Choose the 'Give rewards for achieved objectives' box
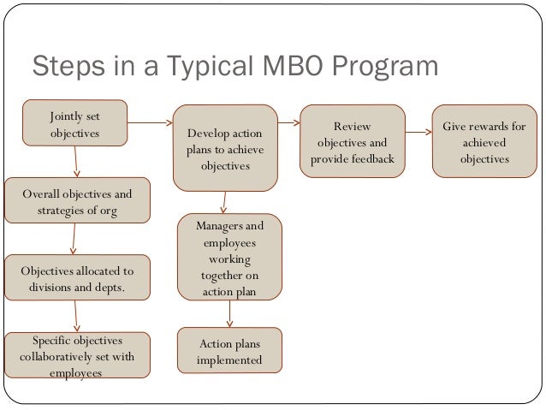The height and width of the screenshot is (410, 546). [x=484, y=137]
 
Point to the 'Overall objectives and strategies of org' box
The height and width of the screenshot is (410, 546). [x=77, y=200]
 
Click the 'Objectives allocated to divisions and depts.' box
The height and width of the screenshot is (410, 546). [x=76, y=278]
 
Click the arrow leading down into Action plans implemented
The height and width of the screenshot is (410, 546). [x=228, y=315]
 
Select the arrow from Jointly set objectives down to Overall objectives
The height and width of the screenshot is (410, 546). [x=76, y=159]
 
